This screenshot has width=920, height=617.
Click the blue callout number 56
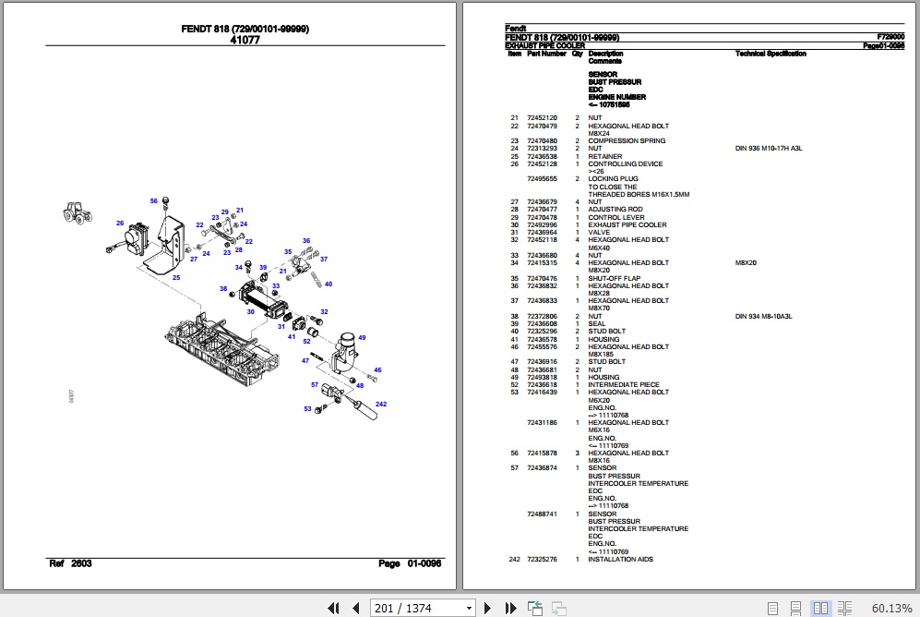point(154,200)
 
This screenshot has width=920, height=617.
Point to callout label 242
point(381,404)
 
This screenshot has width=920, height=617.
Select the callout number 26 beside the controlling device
point(120,223)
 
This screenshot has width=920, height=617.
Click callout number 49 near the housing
point(363,337)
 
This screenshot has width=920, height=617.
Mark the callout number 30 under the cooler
point(250,311)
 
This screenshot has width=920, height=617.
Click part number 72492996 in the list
point(542,225)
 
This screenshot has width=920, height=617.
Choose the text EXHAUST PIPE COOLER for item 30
point(627,225)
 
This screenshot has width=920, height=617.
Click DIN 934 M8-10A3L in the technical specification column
point(763,317)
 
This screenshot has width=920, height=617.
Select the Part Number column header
point(546,54)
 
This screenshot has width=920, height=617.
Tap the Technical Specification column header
point(771,54)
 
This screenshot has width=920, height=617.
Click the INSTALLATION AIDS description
point(620,560)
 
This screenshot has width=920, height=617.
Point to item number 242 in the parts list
point(514,560)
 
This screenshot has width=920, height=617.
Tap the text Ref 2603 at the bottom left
point(70,563)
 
